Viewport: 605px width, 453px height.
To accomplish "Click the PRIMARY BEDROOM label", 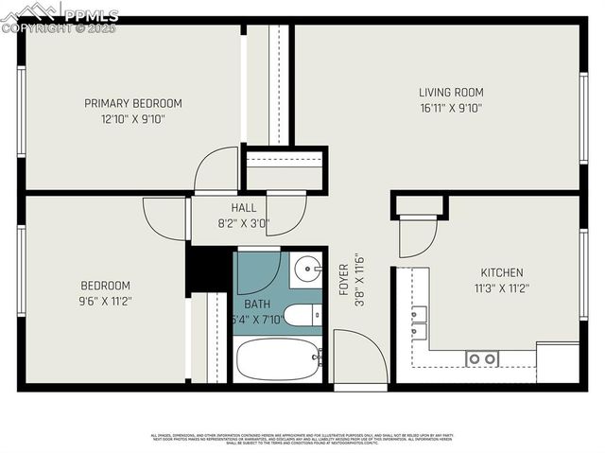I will click(132, 103).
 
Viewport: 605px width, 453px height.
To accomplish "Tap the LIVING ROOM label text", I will click(451, 92).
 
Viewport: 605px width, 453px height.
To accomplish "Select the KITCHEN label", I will click(502, 272).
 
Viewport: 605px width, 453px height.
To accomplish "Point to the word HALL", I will click(243, 208).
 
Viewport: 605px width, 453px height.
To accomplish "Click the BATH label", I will click(257, 305).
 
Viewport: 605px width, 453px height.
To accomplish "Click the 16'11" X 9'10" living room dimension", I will click(451, 108).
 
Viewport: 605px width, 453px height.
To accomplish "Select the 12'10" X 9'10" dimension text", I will click(132, 119).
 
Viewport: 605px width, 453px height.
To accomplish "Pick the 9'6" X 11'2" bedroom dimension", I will click(105, 302).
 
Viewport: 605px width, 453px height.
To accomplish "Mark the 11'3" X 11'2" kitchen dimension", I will click(502, 288).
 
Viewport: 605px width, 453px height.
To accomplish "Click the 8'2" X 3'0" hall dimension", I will click(243, 224).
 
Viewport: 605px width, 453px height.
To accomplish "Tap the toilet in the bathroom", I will click(302, 316).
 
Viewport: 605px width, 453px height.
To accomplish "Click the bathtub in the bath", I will click(279, 359).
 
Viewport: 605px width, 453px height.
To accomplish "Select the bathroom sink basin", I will click(306, 270).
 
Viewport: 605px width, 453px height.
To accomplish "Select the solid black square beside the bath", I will click(209, 269).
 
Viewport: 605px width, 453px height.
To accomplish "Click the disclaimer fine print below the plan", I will click(302, 438).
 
